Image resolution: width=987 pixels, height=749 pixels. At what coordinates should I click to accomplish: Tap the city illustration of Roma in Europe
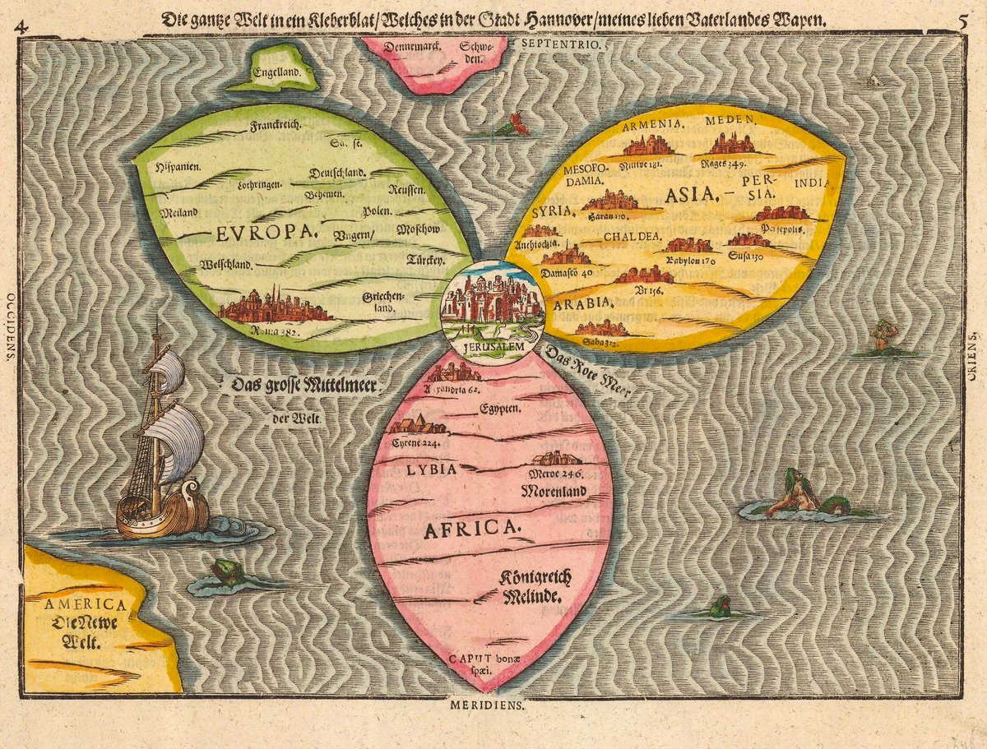pos(276,305)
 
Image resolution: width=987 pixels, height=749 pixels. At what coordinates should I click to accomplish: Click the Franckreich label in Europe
pos(276,126)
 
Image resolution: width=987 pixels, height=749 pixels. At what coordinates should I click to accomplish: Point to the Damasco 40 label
pos(567,271)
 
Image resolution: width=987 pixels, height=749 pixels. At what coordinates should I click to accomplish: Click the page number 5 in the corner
pos(963,21)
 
